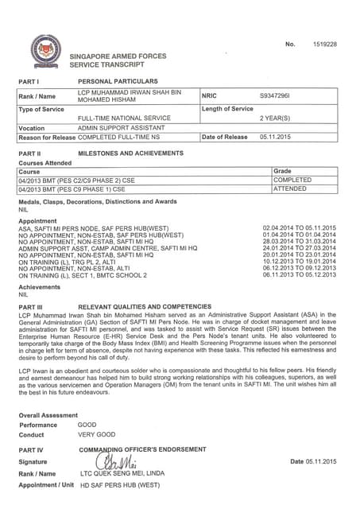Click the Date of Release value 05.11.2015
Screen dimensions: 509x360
275,137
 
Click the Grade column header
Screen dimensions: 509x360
282,171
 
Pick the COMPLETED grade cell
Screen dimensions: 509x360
292,181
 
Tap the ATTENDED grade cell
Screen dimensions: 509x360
290,189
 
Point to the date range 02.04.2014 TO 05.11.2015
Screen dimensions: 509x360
299,228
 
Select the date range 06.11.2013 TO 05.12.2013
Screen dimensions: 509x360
299,274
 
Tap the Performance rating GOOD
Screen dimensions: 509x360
87,425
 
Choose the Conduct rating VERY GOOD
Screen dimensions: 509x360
96,435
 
